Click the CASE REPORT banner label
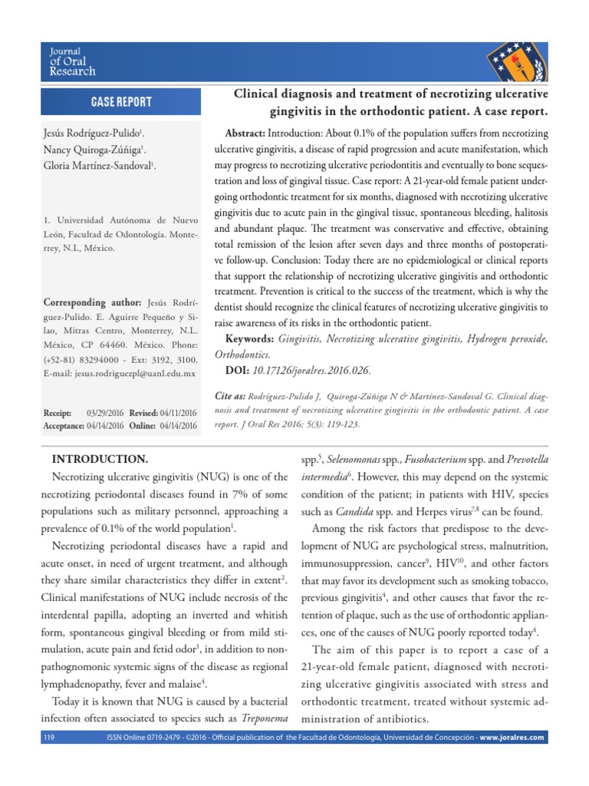pos(121,102)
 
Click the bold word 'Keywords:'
pos(249,339)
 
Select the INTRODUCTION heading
pos(99,459)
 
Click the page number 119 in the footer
pos(50,738)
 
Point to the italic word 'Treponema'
pos(258,718)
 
